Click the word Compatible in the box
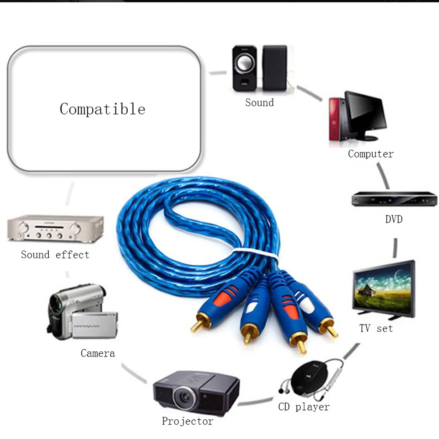click(102, 109)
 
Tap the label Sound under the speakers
click(259, 103)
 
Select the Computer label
click(371, 154)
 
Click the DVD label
click(394, 219)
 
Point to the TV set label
click(376, 328)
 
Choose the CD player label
click(304, 407)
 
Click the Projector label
click(187, 421)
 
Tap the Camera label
click(98, 353)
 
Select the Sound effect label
click(55, 255)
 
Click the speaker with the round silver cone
click(245, 68)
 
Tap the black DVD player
click(394, 199)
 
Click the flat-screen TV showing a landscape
click(384, 290)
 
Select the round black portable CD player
click(309, 377)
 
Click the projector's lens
click(184, 397)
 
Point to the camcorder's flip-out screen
click(94, 325)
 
